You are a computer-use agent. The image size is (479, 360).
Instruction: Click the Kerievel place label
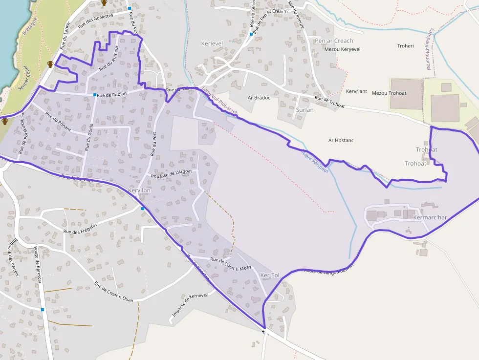click(x=212, y=43)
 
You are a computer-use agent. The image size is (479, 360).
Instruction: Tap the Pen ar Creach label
click(x=334, y=41)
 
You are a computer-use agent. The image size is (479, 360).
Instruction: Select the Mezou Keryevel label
click(x=342, y=49)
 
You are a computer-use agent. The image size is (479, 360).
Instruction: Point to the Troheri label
click(x=405, y=46)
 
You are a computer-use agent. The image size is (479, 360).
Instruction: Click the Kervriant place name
click(x=356, y=91)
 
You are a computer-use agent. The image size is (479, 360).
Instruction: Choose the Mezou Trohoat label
click(x=389, y=93)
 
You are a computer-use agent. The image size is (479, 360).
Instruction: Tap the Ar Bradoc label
click(x=259, y=98)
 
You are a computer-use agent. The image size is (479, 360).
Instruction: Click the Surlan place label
click(x=305, y=110)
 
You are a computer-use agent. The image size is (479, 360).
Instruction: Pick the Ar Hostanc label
click(x=341, y=141)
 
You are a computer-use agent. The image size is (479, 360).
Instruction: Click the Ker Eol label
click(x=270, y=275)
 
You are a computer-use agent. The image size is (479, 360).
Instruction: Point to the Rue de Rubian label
click(x=112, y=94)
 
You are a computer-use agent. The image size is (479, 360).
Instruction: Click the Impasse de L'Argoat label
click(x=172, y=173)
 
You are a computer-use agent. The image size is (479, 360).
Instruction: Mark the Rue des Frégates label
click(x=81, y=228)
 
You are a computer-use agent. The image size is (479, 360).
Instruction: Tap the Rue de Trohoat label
click(x=330, y=102)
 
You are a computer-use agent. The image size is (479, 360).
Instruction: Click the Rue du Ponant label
click(x=58, y=123)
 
